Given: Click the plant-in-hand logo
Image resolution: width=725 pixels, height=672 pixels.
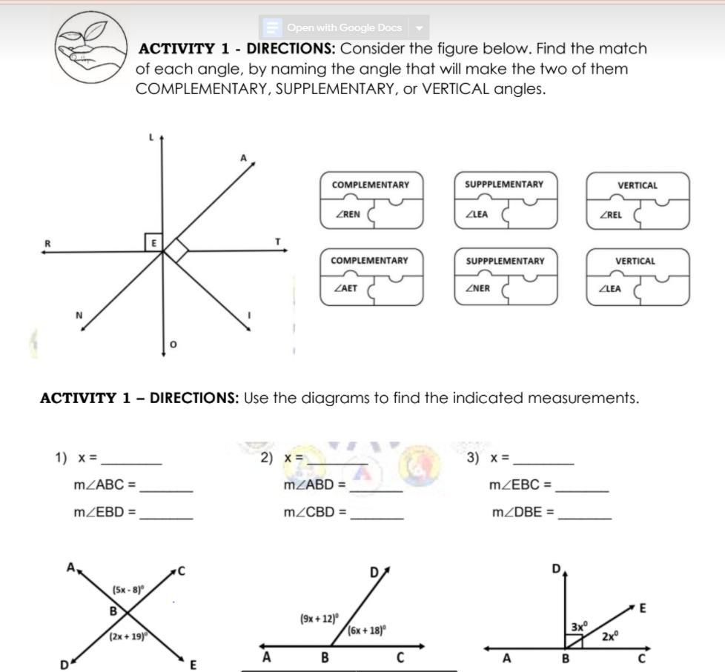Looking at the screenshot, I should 90,47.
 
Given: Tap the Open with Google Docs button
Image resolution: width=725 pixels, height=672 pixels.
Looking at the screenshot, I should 344,28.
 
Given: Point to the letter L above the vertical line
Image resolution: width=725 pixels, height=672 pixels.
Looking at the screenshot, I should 150,137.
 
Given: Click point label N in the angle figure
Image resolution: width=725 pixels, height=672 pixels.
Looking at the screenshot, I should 79,316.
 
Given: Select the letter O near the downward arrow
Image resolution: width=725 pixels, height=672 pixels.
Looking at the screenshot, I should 173,345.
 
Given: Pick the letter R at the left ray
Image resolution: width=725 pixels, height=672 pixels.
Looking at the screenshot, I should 47,242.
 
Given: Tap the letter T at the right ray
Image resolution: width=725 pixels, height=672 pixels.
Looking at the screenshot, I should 278,242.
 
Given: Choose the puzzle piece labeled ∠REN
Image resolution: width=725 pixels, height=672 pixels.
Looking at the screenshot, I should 348,215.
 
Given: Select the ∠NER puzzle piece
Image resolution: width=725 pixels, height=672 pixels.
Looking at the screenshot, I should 478,289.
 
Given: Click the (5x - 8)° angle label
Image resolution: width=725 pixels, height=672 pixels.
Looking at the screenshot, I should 128,590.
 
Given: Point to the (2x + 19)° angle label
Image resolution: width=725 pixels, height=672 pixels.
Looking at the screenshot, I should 128,636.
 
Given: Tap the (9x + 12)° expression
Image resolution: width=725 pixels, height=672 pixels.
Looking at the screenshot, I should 319,617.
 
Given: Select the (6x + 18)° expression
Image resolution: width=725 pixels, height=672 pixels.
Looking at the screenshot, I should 366,631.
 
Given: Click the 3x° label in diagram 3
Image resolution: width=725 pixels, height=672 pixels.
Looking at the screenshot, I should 578,627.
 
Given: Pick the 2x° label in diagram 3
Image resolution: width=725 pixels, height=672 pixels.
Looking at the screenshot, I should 610,636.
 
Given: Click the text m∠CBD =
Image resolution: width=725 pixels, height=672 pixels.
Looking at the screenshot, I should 315,511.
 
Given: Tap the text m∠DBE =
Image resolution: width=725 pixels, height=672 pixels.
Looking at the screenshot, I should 523,511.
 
